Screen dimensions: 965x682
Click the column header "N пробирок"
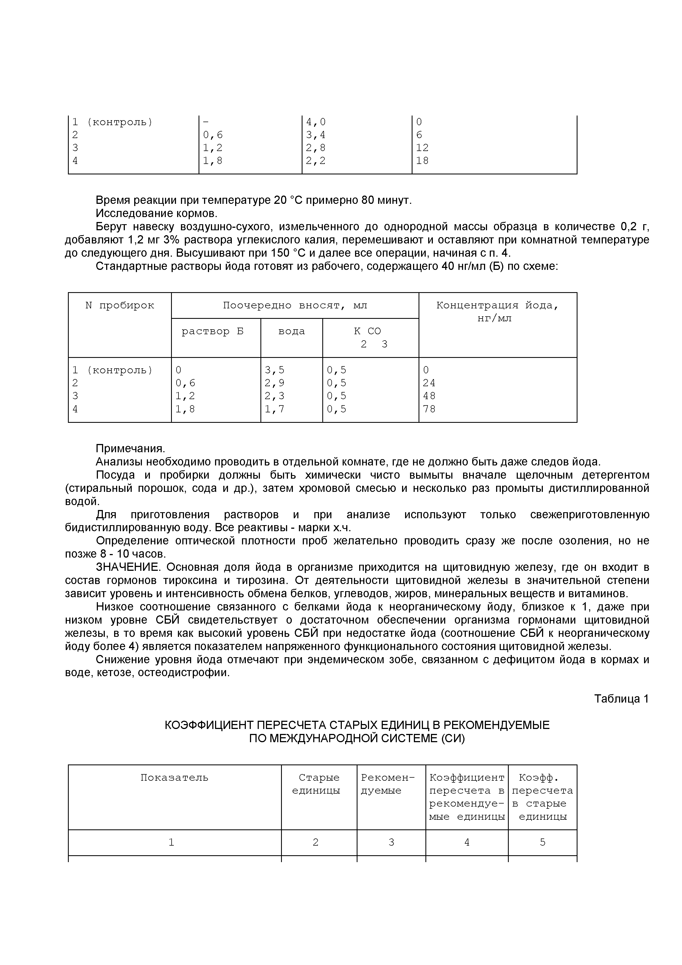(119, 306)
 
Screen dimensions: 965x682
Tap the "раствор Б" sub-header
(212, 331)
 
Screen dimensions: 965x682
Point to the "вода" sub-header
(291, 331)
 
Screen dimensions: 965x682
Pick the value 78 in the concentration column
(429, 409)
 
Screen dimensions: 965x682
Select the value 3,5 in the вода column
(274, 370)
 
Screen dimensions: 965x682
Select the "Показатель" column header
(174, 778)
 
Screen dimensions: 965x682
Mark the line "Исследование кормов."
(156, 213)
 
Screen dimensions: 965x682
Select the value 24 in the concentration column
(429, 383)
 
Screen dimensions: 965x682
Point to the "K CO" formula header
(368, 331)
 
